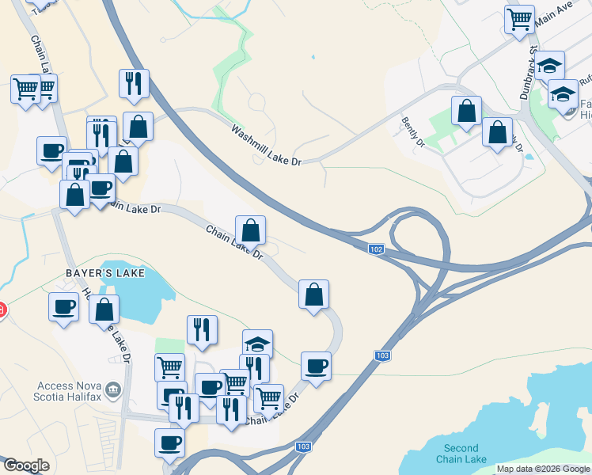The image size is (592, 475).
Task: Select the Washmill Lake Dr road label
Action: point(267,145)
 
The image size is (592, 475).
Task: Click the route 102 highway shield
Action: point(377,249)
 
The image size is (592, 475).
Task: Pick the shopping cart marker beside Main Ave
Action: point(519,19)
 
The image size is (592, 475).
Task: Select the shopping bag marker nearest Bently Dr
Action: point(467,111)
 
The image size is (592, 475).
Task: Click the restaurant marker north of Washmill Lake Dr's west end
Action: point(134,83)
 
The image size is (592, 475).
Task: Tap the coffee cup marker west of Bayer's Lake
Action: point(63,306)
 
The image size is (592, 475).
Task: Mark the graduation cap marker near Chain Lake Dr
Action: point(257,344)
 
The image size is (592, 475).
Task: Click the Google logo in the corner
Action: point(26,465)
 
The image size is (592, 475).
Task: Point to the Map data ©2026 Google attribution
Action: point(543,469)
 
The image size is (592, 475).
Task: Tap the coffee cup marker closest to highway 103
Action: point(316,366)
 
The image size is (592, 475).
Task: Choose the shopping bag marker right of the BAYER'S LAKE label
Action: point(104,310)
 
